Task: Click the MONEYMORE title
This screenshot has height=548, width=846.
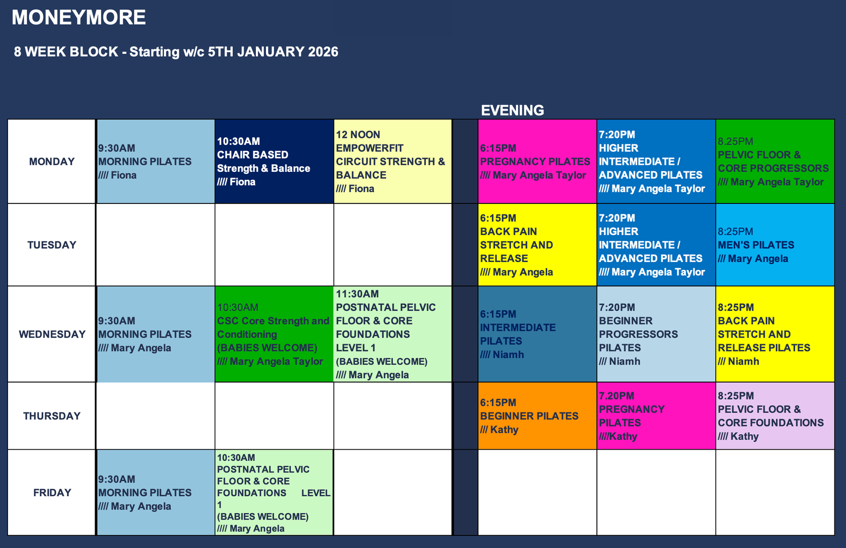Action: click(79, 17)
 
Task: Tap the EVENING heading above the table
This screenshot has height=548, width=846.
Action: click(512, 110)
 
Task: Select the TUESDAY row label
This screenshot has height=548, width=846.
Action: click(52, 245)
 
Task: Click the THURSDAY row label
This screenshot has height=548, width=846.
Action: click(52, 416)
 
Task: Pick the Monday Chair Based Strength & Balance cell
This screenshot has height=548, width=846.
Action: click(274, 162)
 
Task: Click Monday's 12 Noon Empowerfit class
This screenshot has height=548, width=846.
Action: click(393, 162)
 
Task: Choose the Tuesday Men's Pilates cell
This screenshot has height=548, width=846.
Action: click(775, 245)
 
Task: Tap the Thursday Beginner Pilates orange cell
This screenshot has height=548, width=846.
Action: click(537, 416)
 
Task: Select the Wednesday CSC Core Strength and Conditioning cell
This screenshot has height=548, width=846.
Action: click(274, 334)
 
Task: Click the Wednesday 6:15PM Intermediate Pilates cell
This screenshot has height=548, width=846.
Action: click(537, 334)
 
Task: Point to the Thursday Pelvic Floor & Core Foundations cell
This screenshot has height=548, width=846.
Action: click(775, 416)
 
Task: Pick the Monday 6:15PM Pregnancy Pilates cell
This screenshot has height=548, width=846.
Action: click(537, 162)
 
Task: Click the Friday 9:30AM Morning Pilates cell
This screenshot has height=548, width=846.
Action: click(155, 493)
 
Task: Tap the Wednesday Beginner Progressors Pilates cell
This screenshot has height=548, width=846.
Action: click(656, 334)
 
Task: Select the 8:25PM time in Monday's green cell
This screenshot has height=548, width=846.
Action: click(735, 141)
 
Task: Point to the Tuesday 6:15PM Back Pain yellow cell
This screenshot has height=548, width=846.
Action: click(537, 245)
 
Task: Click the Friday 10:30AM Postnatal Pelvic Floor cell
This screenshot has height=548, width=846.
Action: click(274, 493)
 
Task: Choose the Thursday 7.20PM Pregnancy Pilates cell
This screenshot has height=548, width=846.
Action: click(656, 416)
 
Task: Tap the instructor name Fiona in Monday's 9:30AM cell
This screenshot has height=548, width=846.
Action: click(124, 175)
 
